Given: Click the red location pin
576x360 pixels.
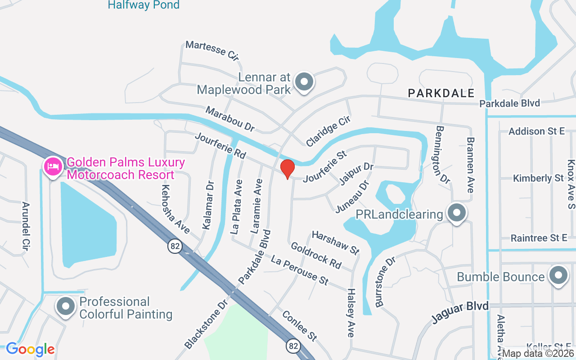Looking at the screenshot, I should coord(287,169).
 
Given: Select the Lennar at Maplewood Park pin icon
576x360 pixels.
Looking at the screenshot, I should coord(304,82).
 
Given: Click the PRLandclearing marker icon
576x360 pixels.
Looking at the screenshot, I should coord(457,212).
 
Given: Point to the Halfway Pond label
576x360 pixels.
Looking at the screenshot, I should coord(144,5).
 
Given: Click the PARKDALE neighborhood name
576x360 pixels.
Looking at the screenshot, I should coord(441,93).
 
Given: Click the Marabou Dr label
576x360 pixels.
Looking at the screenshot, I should coord(230,119).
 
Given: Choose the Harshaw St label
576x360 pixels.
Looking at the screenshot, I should coord(336,242).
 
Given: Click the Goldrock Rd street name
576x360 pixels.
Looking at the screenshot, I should coord(316,255).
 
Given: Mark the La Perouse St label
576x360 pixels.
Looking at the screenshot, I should coord(299,269).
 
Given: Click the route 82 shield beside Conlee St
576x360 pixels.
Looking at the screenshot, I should coord(293,346).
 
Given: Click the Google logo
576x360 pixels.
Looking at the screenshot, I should coord(30,349).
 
